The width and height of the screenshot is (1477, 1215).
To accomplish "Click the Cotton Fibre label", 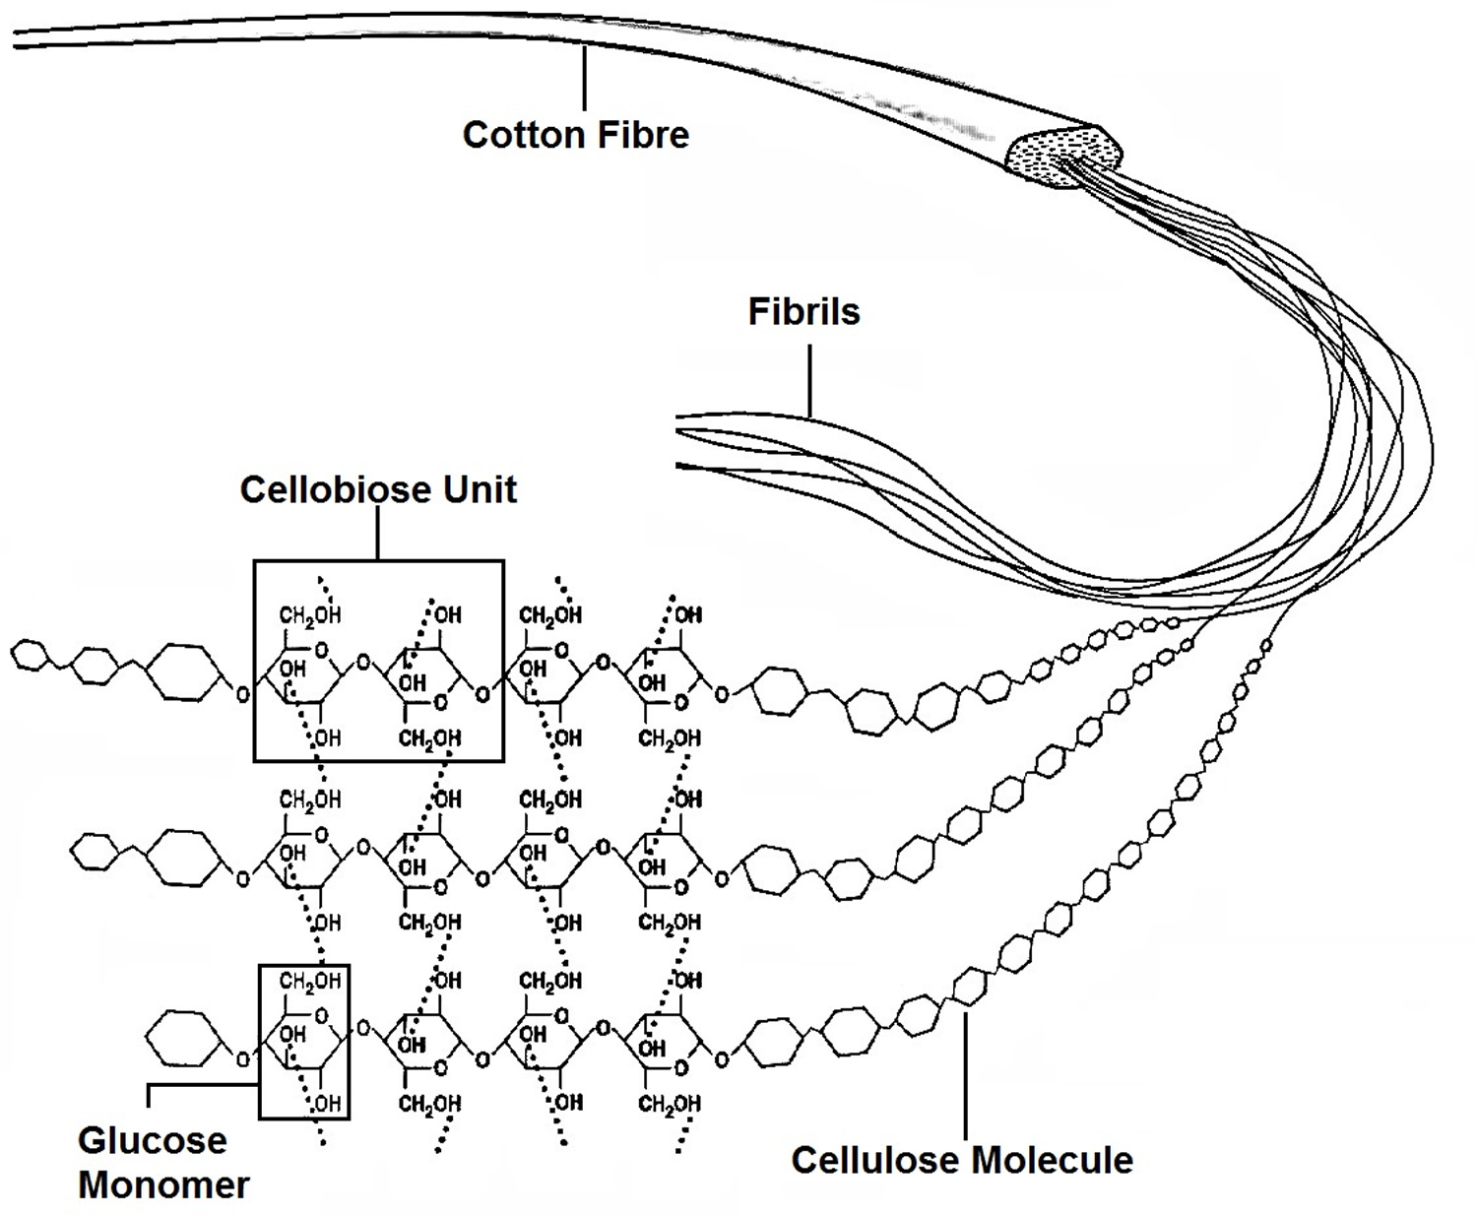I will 576,135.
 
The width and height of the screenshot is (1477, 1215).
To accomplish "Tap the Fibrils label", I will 803,312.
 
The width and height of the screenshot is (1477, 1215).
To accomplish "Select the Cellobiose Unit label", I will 378,489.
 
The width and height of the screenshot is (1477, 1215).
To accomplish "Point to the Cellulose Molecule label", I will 962,1160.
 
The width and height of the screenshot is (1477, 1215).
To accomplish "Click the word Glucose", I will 152,1140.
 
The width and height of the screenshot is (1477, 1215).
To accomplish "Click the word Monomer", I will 163,1184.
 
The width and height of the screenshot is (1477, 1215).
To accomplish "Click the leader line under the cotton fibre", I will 585,79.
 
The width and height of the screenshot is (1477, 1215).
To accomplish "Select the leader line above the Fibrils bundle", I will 810,379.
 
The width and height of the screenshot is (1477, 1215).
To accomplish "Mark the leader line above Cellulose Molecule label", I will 965,1073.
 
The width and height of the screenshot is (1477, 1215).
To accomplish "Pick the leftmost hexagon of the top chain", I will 30,656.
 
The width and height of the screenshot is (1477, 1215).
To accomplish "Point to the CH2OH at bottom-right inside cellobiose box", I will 429,738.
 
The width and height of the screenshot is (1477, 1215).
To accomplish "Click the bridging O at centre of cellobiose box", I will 363,663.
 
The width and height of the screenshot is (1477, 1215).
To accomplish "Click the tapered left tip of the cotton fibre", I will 20,39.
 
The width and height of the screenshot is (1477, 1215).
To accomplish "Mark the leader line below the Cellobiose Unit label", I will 378,535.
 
